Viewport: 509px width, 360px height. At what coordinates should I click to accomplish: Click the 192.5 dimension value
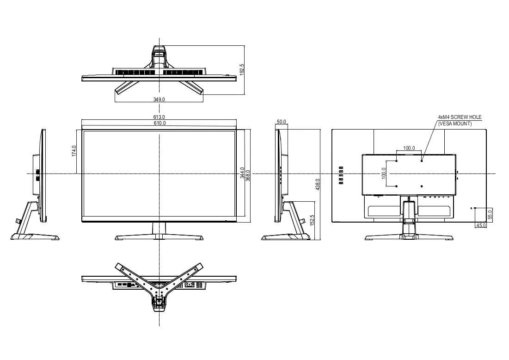tap(241, 70)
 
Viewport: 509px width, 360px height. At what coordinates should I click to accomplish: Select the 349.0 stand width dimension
tap(159, 99)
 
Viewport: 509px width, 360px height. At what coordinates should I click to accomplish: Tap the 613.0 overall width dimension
tap(159, 117)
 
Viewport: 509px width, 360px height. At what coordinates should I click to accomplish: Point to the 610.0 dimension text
tap(159, 123)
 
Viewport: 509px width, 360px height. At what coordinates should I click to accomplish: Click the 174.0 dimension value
tap(74, 151)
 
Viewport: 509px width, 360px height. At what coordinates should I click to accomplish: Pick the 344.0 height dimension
tap(242, 173)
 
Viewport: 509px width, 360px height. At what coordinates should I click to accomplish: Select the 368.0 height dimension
tap(248, 175)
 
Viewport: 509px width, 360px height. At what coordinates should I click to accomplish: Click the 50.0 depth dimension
tap(282, 122)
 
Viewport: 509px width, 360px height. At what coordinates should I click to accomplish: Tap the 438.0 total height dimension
tap(318, 185)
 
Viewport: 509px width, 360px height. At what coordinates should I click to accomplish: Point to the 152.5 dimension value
tap(312, 220)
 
